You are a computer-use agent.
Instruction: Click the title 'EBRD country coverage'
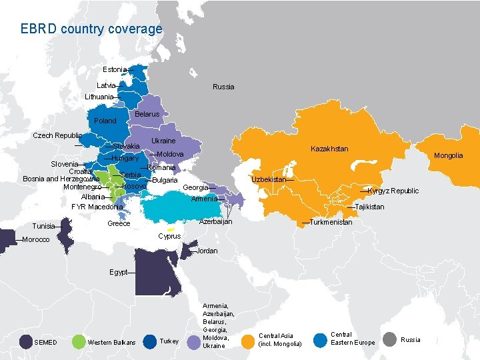click(91, 29)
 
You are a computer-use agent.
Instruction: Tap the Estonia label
click(115, 70)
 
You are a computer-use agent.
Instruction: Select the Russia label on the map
click(223, 87)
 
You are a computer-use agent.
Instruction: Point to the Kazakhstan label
click(329, 149)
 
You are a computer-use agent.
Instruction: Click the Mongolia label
click(448, 155)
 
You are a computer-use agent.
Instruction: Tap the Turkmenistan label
click(331, 222)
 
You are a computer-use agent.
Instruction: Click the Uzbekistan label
click(269, 180)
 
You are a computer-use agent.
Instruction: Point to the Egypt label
click(118, 272)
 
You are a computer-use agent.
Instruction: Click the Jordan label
click(207, 251)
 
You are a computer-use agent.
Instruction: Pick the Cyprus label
click(169, 236)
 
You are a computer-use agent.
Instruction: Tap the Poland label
click(105, 121)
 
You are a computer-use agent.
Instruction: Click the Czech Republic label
click(57, 135)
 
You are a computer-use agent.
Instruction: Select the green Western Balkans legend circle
click(78, 342)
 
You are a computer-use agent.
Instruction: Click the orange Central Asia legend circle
click(247, 341)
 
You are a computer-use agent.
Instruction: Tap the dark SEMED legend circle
click(26, 342)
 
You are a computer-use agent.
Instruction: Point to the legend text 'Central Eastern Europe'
click(353, 339)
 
